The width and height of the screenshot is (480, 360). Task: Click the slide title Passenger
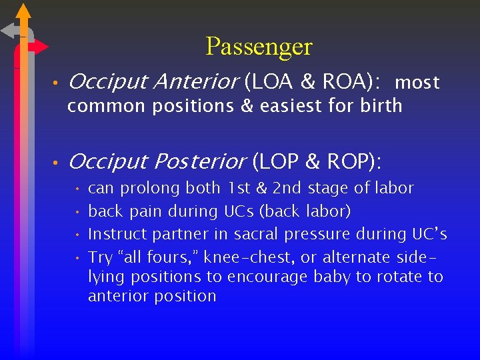coord(259,47)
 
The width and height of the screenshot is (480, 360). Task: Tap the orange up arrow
coord(23,11)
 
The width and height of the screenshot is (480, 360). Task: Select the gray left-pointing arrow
coord(11,30)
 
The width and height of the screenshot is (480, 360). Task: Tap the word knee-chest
coord(253,257)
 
